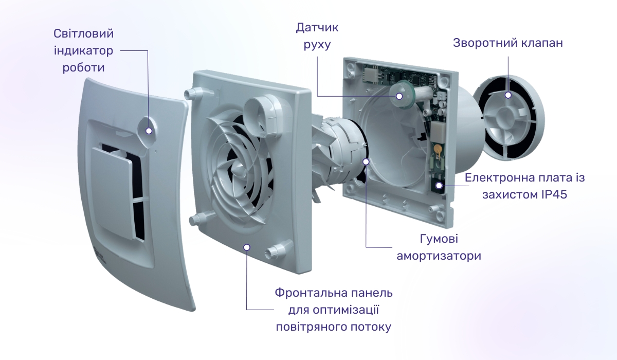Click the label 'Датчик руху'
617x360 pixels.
(317, 36)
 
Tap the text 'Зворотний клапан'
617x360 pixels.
(507, 43)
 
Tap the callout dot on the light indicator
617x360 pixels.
(149, 131)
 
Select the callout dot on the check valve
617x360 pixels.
(508, 95)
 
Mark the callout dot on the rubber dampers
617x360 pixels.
(366, 161)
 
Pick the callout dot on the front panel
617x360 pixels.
(247, 247)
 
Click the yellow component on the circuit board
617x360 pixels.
(438, 148)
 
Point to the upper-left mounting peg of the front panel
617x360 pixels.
(191, 93)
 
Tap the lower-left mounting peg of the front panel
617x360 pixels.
(196, 220)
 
